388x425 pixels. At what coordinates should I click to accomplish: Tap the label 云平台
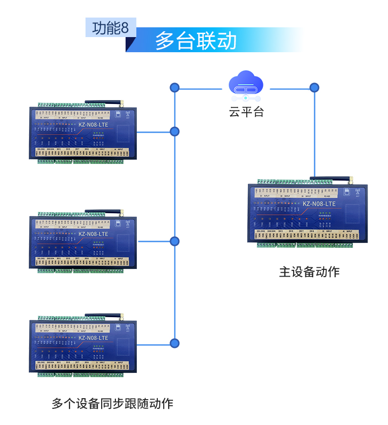[246, 112]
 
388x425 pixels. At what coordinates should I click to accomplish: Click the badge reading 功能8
[110, 28]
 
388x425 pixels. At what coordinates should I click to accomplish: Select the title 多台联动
[196, 41]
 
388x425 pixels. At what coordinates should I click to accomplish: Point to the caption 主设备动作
[309, 272]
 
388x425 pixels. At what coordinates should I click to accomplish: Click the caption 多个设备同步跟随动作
[112, 404]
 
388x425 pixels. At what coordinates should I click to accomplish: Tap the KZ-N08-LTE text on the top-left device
[93, 124]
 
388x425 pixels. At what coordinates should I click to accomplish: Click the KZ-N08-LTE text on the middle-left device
[93, 234]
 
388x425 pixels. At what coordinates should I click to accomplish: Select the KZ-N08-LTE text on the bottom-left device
[93, 338]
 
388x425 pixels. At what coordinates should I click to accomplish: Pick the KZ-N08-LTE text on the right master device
[319, 204]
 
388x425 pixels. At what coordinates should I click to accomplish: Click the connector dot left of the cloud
[174, 88]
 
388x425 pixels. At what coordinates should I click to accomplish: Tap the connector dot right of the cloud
[314, 88]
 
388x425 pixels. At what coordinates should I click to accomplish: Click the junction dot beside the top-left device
[174, 132]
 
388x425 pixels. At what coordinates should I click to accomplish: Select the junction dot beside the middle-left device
[174, 241]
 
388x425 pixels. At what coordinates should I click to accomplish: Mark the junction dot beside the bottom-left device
[174, 343]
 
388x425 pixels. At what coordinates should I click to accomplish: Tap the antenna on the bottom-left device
[105, 316]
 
